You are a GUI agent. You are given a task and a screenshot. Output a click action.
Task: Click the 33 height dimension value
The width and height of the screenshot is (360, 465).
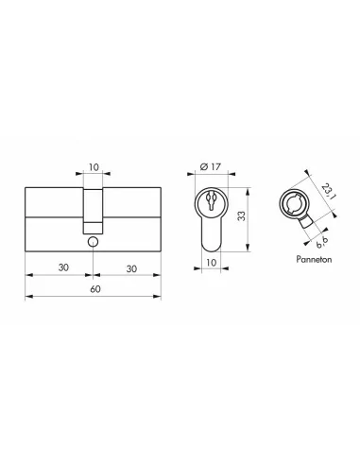pos(244,217)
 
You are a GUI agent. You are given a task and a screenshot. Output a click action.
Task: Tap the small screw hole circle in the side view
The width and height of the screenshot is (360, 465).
pos(92,243)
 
